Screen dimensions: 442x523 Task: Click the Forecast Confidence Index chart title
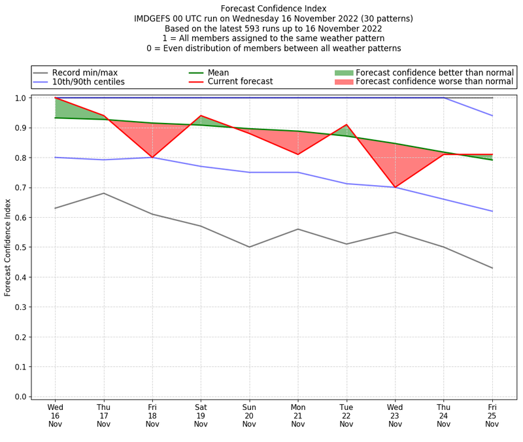[273, 8]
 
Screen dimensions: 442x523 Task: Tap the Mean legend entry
[218, 73]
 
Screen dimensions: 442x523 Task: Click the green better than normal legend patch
[344, 73]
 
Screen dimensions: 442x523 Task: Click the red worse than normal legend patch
[344, 82]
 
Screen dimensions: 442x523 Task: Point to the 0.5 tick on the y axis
[23, 247]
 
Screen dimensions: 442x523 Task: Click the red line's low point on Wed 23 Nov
[395, 188]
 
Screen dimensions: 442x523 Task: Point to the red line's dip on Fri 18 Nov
[152, 158]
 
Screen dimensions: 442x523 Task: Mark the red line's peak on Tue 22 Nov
[346, 125]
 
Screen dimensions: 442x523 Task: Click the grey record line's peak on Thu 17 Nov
[103, 193]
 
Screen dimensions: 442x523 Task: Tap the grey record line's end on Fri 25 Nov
[492, 268]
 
